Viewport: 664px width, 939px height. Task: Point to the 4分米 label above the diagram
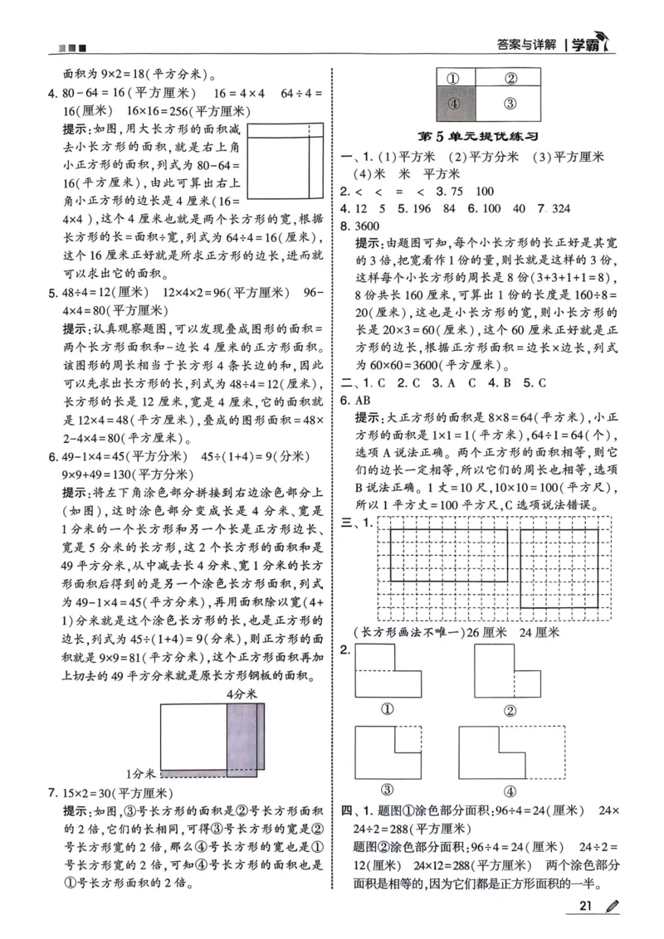(242, 693)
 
